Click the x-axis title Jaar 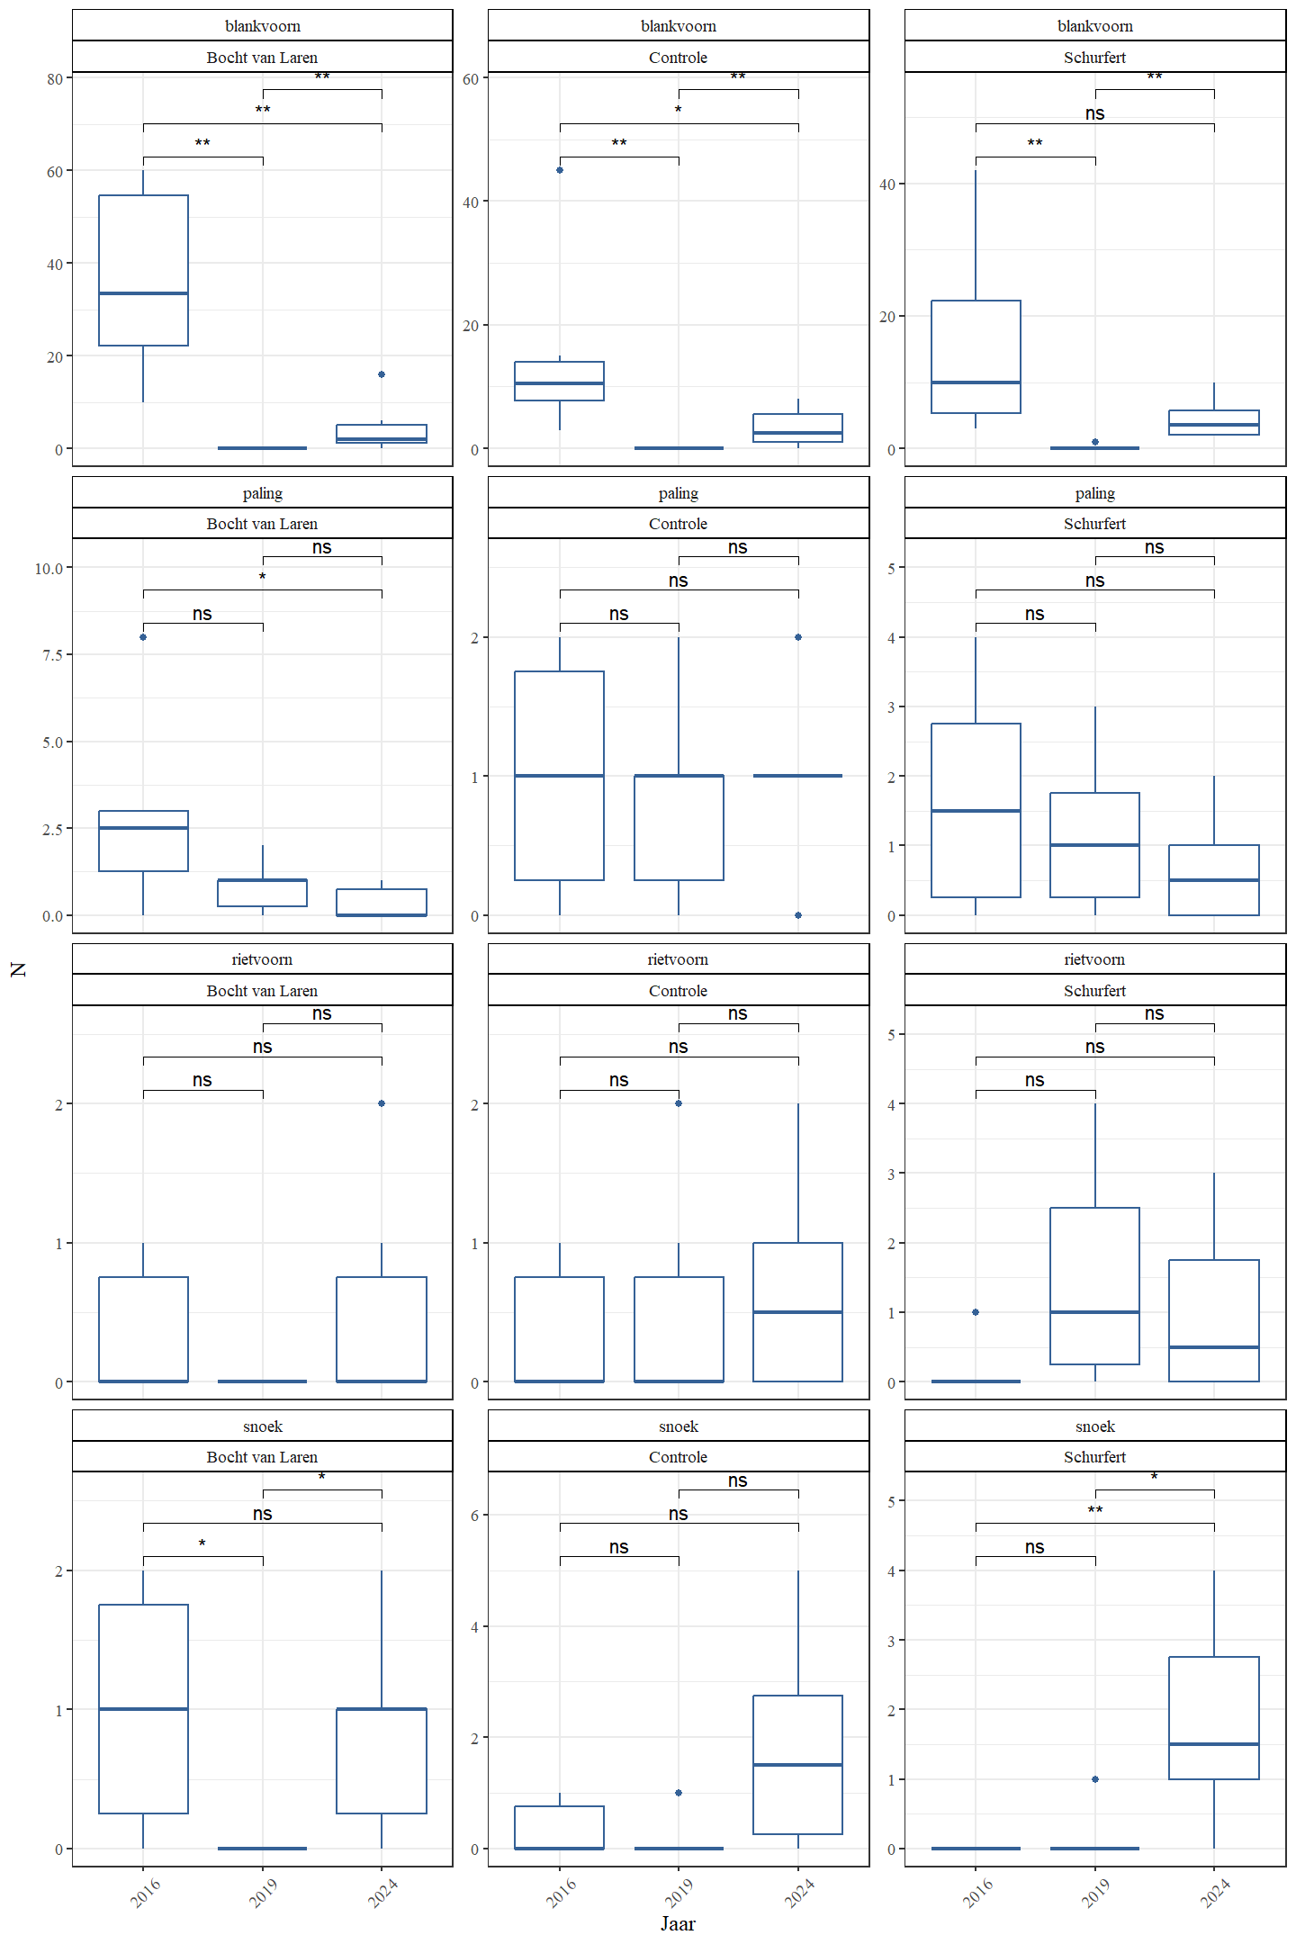tap(678, 1923)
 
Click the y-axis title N tap(18, 969)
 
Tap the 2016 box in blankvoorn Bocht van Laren tap(143, 270)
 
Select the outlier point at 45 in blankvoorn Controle tap(560, 170)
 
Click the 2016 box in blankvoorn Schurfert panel tap(976, 356)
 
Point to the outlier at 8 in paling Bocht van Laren tap(143, 637)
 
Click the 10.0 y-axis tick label tap(49, 569)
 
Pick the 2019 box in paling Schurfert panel tap(1094, 844)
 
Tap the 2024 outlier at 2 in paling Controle tap(798, 637)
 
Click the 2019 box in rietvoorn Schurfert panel tap(1094, 1285)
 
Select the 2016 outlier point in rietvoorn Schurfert tap(976, 1312)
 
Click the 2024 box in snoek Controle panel tap(797, 1764)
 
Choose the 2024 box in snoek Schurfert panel tap(1213, 1717)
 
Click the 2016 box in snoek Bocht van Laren tap(143, 1708)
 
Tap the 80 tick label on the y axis tap(55, 79)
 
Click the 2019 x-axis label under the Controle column tap(679, 1892)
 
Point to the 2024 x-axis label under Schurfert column tap(1215, 1892)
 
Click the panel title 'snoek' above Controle tap(678, 1426)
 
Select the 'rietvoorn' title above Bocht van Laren tap(262, 959)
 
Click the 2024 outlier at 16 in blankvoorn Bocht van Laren tap(382, 374)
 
